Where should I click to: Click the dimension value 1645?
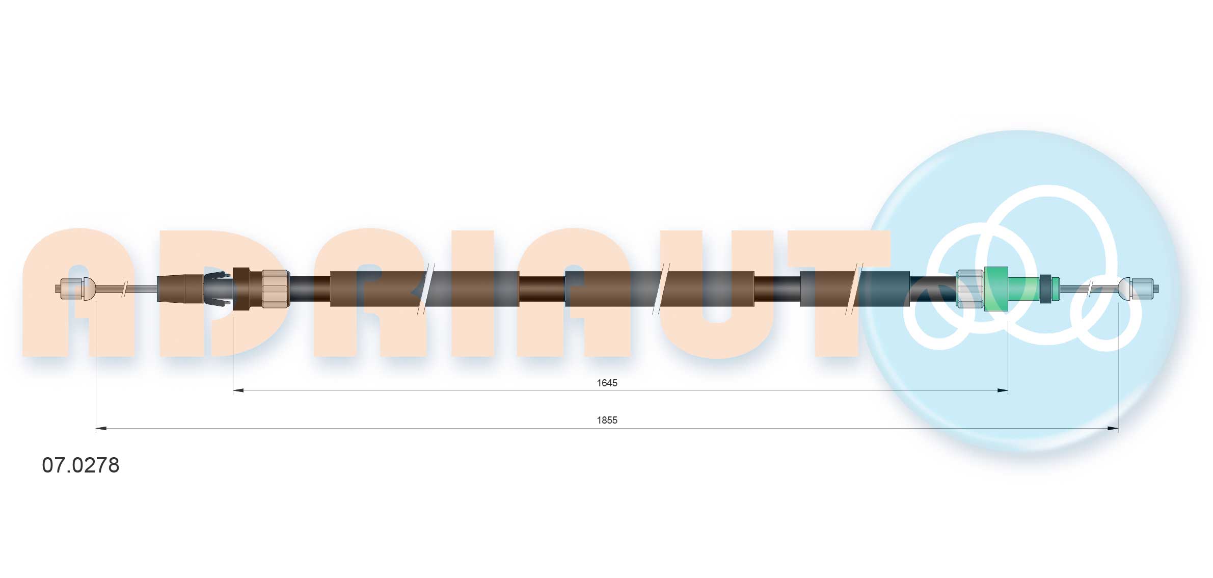[607, 383]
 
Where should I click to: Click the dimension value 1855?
[607, 421]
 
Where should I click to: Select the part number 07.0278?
[80, 465]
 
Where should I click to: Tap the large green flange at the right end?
[996, 288]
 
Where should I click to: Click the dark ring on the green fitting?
[1045, 289]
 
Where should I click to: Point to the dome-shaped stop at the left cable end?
[89, 289]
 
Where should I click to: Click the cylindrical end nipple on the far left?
[69, 289]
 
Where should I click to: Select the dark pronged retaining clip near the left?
[217, 289]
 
